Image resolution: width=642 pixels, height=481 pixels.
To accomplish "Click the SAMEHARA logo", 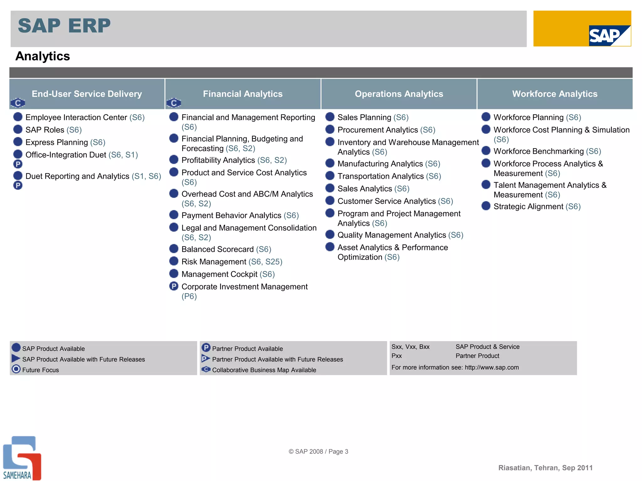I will coord(22,458).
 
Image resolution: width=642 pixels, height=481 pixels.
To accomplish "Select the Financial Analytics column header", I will coord(243,94).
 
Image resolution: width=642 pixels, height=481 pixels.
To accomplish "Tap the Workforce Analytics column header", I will coord(555,94).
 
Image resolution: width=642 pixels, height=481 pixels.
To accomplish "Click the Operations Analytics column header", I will coord(399,94).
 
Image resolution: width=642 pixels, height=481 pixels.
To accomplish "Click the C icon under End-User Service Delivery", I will coord(18,103).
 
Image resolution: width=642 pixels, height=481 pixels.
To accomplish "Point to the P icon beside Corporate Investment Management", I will coord(174,286).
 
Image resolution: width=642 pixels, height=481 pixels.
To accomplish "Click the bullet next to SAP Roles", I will coord(18,129).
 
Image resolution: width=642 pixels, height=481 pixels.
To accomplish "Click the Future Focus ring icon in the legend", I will coord(16,369).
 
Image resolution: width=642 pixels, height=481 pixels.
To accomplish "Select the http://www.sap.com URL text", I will coord(492,367).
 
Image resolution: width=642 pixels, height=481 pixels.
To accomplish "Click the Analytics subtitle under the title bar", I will coord(43,56).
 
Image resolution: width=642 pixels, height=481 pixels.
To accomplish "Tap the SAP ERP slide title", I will coord(64,26).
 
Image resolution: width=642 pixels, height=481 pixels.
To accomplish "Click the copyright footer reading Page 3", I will coord(318,452).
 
